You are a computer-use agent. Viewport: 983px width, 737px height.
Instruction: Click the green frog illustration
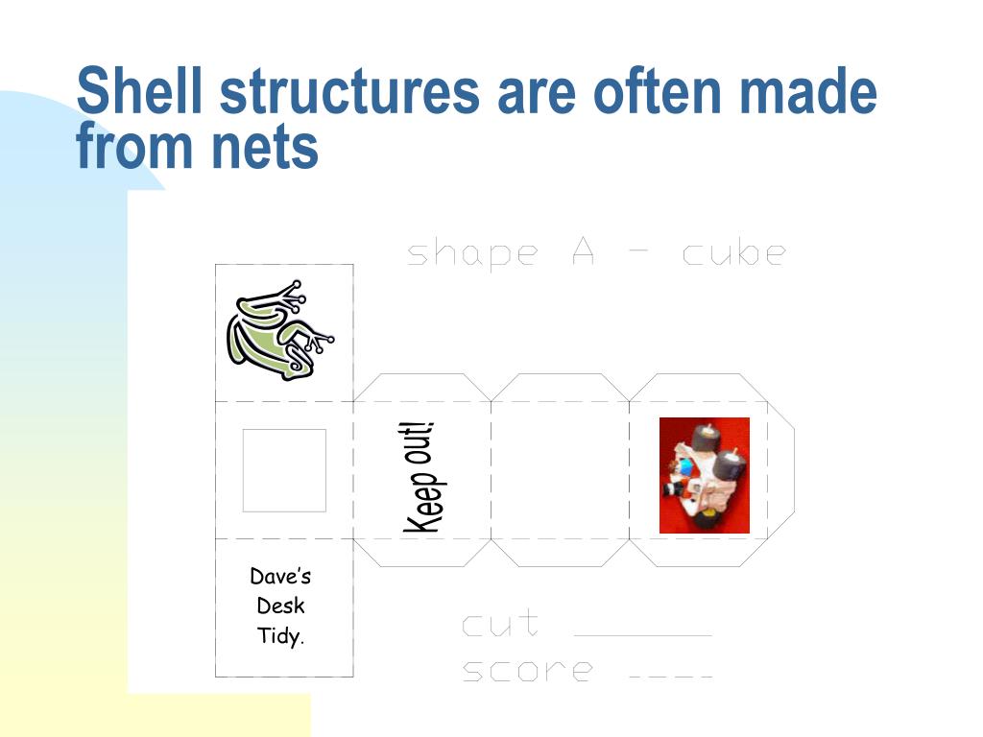(279, 331)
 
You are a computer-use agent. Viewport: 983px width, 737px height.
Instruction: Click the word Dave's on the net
(280, 577)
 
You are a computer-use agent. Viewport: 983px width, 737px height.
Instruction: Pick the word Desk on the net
(280, 606)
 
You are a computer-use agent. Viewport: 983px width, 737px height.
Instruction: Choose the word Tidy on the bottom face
(279, 635)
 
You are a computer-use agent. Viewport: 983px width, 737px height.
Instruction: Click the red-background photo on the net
(704, 475)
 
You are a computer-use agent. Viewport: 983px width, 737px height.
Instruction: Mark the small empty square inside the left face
(283, 470)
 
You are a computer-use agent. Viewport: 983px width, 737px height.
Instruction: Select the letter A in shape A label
(585, 252)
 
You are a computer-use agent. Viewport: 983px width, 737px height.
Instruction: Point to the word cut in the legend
(499, 625)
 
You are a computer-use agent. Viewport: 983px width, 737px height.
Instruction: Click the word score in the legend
(527, 670)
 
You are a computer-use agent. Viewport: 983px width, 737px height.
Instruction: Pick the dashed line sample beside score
(671, 678)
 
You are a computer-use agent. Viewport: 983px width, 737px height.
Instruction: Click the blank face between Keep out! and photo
(560, 470)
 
